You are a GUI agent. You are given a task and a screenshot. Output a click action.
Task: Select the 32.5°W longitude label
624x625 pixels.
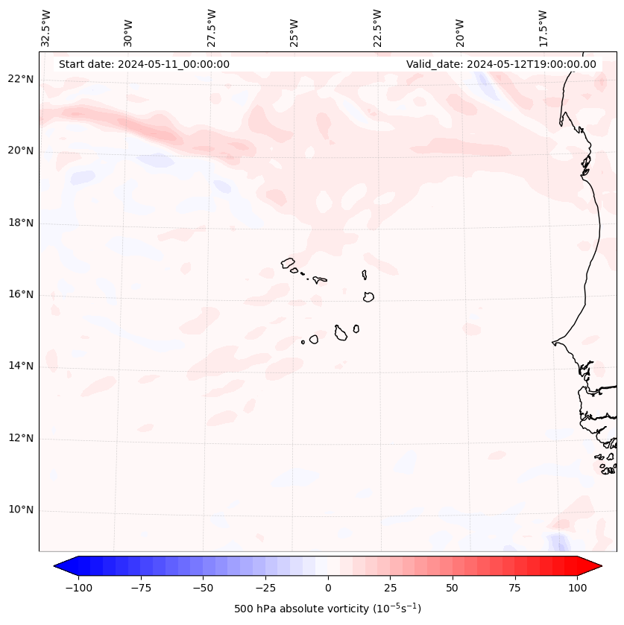(x=46, y=28)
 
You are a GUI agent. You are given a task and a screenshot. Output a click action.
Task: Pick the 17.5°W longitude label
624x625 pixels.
(x=543, y=28)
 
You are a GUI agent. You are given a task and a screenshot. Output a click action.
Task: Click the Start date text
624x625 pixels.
(x=144, y=64)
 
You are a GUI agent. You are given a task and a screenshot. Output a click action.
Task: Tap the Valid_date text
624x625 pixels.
(x=501, y=64)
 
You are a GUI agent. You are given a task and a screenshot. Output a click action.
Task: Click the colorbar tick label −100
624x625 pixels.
(x=78, y=588)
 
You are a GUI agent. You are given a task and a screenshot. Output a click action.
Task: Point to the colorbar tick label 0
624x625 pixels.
(x=328, y=588)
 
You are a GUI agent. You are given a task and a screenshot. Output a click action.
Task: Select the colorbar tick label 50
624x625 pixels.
(x=453, y=588)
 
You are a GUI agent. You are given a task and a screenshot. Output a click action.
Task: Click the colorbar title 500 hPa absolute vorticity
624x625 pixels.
(x=328, y=609)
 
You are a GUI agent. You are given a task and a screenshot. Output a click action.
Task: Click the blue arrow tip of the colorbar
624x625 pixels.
(x=60, y=566)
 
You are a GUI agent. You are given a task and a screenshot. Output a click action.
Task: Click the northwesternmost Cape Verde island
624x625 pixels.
(x=288, y=263)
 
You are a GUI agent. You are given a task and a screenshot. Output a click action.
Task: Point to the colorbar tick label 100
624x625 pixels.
(x=577, y=588)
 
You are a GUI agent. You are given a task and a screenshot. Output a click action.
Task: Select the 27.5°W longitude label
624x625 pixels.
(x=212, y=28)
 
